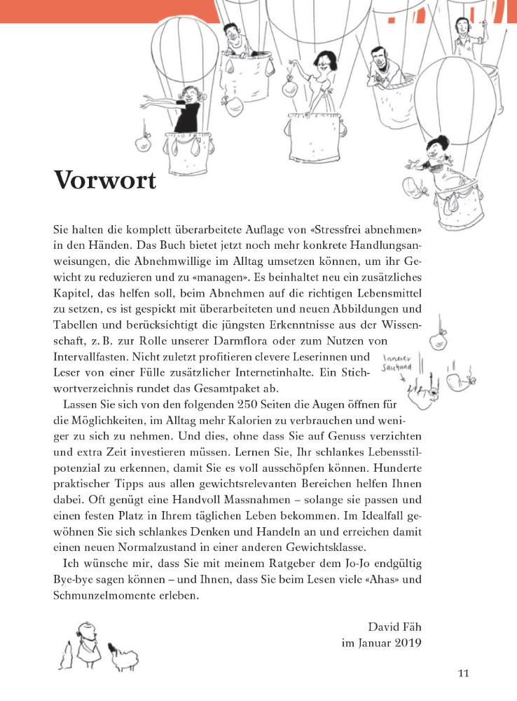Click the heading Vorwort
(x=104, y=181)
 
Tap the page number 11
(x=463, y=674)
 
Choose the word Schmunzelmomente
(x=112, y=597)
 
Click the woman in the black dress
(x=187, y=112)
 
